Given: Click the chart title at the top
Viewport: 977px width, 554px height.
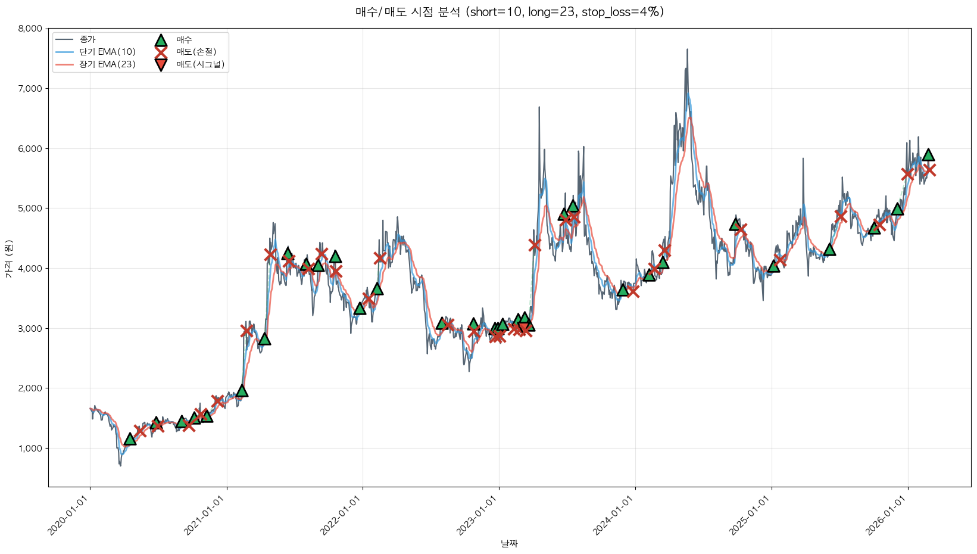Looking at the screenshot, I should [509, 12].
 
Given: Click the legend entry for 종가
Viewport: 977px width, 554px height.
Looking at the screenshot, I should [88, 39].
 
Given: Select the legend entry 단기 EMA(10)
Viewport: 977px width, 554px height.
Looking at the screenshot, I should [107, 52].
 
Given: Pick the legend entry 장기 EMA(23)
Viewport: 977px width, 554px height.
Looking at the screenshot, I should [107, 64].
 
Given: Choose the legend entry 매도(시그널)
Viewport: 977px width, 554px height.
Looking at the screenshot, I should [200, 64].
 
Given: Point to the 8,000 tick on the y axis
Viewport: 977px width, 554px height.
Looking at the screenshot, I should [30, 29].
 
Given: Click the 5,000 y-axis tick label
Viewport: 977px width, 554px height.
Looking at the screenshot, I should [30, 208].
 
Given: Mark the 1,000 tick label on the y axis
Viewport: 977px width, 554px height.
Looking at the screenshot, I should [30, 449].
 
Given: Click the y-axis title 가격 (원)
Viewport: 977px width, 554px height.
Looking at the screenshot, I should [8, 257].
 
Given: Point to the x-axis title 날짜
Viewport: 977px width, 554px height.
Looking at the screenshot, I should [509, 543].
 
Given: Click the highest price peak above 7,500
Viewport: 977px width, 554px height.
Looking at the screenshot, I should [687, 50].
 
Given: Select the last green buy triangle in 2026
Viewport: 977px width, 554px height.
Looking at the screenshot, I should [928, 155].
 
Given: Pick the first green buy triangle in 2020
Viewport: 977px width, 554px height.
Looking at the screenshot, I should [130, 440].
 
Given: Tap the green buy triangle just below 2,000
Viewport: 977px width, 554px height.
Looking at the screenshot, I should [242, 391].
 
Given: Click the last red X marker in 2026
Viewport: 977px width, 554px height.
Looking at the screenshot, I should [929, 170].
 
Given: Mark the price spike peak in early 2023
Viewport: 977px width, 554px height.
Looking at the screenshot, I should [539, 108].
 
